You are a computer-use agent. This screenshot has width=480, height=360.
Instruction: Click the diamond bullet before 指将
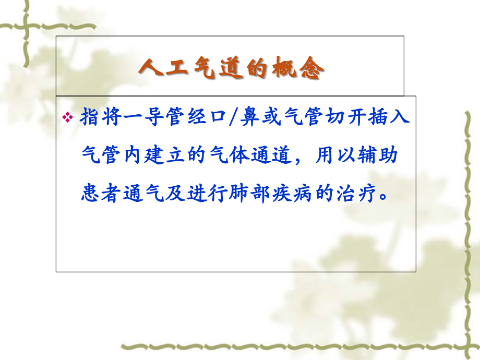pos(67,118)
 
